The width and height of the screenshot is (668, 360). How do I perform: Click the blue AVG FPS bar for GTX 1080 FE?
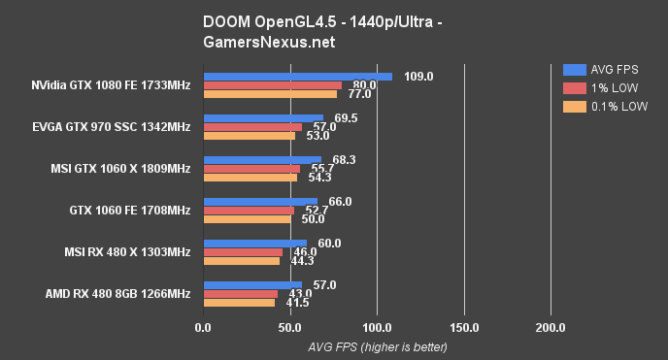(x=297, y=76)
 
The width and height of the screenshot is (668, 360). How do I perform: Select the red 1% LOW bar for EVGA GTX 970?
(x=252, y=127)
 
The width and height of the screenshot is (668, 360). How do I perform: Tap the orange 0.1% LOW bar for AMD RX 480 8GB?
(x=239, y=303)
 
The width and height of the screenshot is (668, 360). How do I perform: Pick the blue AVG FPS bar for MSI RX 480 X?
(x=254, y=244)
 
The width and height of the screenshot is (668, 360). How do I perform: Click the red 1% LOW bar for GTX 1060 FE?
(x=249, y=211)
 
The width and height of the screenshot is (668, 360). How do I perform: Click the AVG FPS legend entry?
(x=602, y=69)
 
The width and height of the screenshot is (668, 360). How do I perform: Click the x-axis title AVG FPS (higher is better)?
(x=377, y=346)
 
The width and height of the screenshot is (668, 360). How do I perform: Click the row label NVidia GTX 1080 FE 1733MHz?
(x=110, y=85)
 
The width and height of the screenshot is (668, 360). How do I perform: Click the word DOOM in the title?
(x=225, y=21)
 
